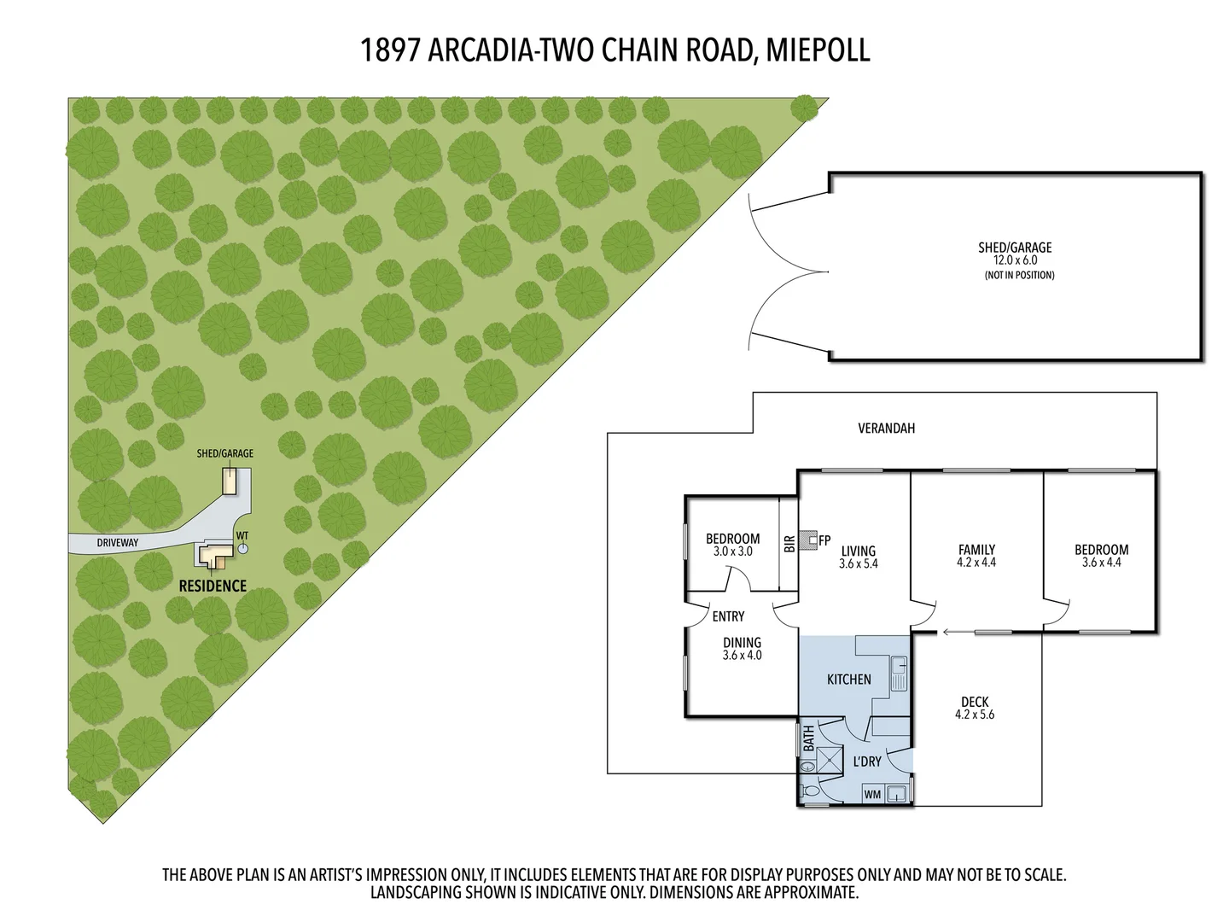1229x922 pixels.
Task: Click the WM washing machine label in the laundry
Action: coord(872,795)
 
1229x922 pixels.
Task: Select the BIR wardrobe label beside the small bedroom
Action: coord(789,543)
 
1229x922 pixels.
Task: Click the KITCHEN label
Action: coord(848,679)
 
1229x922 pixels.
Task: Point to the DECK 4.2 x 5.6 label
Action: coord(974,709)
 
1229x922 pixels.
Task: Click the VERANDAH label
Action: coord(886,429)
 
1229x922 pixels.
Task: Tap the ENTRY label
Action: coord(727,616)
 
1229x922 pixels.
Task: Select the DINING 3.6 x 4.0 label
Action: coord(741,649)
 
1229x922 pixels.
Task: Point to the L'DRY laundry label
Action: coord(866,761)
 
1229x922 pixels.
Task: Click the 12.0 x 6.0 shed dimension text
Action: coord(1014,260)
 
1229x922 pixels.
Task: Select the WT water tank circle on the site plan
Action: coord(243,548)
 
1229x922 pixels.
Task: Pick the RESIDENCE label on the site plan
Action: coord(213,586)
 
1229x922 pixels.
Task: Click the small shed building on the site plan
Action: coord(229,481)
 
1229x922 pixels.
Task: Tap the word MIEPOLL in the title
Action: coord(818,50)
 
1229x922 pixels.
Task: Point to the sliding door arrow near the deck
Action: coord(956,633)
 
